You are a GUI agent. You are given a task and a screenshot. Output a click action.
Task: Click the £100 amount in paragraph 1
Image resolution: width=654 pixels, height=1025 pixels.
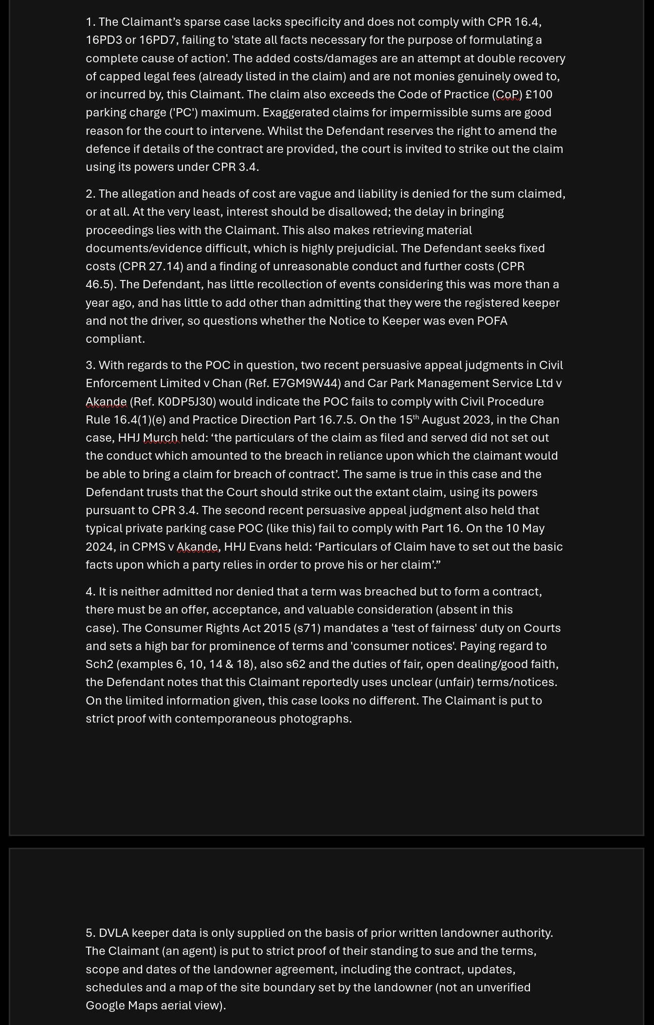point(539,94)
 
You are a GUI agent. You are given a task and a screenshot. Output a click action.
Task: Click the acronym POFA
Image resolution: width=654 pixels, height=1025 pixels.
point(492,321)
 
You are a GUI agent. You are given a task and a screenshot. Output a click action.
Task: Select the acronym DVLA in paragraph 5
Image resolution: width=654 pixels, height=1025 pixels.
point(113,933)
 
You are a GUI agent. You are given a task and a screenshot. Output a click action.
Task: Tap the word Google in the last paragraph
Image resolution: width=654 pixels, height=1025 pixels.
point(105,1006)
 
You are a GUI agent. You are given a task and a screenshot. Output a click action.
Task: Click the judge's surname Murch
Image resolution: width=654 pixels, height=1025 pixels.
point(161,438)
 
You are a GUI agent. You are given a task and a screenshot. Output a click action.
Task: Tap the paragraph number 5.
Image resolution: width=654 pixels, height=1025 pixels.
point(90,933)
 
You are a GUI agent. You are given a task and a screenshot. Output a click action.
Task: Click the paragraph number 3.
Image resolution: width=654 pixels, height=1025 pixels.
point(90,365)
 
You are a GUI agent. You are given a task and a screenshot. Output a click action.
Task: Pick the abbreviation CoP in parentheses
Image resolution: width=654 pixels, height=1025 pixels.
point(507,94)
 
